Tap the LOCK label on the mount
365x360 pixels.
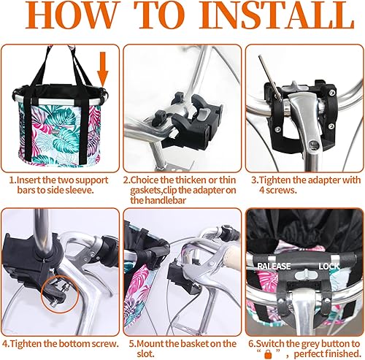click(328, 266)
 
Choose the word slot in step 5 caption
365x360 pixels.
click(139, 353)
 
